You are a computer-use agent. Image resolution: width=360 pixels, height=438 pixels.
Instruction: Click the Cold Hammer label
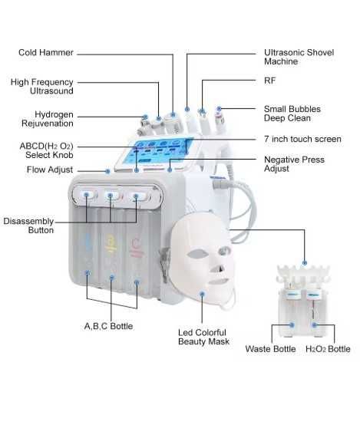46,52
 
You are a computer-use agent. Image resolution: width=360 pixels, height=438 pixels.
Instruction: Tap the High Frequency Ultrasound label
42,87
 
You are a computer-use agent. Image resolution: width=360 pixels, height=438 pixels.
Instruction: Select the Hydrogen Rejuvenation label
48,119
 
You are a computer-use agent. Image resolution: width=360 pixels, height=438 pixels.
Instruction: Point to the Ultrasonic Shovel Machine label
299,57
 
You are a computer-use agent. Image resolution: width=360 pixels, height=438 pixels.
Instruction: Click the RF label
270,81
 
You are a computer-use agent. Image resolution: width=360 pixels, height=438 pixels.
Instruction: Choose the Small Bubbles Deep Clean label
292,114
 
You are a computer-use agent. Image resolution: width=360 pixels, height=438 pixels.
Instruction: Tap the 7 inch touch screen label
302,139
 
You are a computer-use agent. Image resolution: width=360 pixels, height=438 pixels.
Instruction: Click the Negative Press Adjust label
294,164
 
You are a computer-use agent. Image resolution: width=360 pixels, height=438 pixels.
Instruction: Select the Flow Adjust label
50,170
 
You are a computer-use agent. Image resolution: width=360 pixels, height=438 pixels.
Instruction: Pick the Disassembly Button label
28,226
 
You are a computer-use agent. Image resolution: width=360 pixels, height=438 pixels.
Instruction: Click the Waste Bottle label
270,349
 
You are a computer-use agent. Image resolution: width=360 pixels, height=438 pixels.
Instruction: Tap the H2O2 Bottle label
328,349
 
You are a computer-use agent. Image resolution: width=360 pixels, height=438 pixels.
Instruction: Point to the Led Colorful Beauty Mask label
203,337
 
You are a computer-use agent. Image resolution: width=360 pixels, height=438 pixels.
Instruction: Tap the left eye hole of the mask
197,254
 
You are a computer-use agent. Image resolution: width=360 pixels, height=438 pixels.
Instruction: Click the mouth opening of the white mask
219,281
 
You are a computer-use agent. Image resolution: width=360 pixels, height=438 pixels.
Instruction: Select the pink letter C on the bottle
136,243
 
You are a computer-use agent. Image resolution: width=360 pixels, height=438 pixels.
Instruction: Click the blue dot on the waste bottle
292,325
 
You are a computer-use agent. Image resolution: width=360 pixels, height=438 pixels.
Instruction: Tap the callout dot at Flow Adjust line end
108,171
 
